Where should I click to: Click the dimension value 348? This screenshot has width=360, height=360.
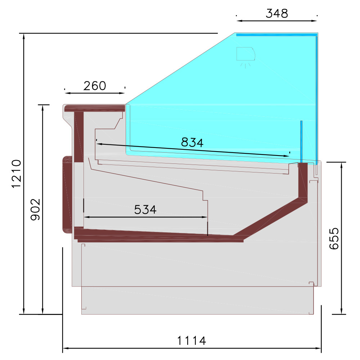pos(277,14)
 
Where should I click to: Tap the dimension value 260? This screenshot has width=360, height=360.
pos(95,86)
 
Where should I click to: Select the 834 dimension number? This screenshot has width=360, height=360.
pos(192,143)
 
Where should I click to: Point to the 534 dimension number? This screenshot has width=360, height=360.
pos(145,210)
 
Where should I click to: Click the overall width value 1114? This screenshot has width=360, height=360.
pos(192,341)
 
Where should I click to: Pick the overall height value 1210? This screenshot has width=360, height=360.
pos(17,174)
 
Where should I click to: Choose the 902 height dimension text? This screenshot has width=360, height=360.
pos(35,210)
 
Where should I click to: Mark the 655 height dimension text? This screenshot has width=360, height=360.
pos(334,238)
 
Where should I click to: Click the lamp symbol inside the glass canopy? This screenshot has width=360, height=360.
pos(246,55)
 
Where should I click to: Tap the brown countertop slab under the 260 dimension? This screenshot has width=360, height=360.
pos(94,107)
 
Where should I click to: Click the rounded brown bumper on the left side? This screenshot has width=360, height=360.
pos(67,194)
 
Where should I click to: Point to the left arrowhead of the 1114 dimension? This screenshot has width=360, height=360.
pos(65,348)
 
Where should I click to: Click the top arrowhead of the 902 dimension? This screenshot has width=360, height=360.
pos(43,107)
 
